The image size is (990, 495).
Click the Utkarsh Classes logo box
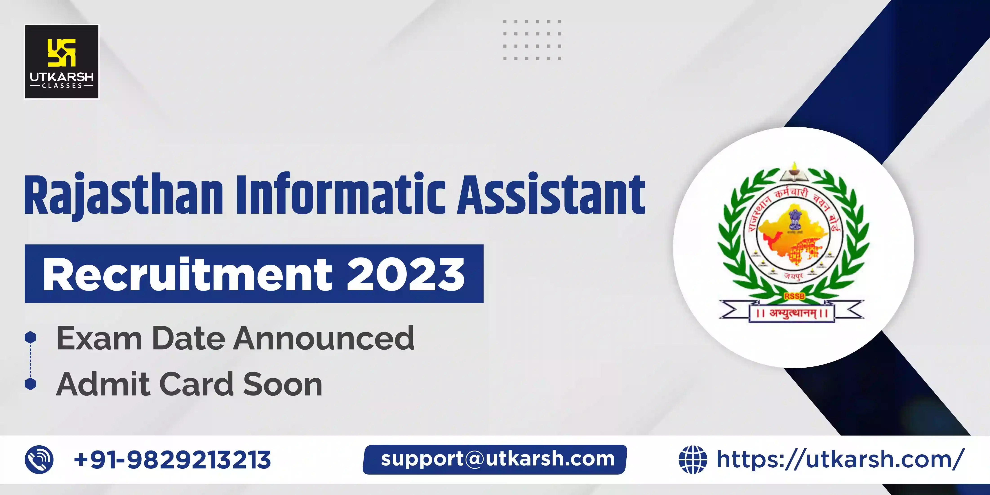tap(62, 62)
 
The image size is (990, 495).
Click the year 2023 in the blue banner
tap(405, 274)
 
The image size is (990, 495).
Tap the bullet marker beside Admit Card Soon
tap(30, 384)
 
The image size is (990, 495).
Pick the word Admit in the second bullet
tap(103, 384)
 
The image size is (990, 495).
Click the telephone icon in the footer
tap(39, 459)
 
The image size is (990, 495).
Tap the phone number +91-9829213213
tap(172, 459)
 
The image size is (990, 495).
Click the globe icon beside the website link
tap(693, 459)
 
